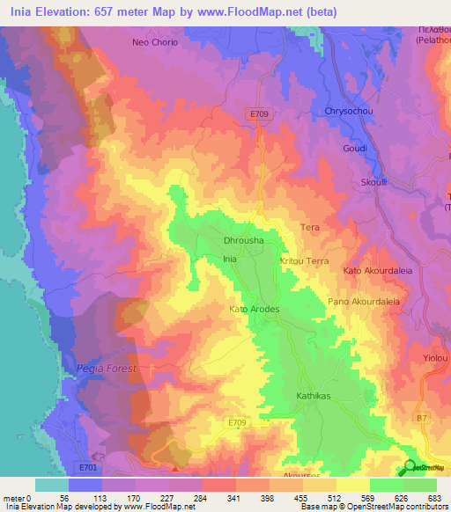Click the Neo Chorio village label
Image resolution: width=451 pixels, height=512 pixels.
click(x=155, y=42)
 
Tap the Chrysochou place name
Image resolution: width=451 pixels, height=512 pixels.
click(x=350, y=113)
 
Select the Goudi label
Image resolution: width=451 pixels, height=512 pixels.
click(x=355, y=149)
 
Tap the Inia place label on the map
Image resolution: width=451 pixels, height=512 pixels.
click(x=230, y=260)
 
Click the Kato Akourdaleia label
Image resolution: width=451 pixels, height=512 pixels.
click(x=377, y=271)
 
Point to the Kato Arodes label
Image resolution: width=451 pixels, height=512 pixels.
click(x=254, y=310)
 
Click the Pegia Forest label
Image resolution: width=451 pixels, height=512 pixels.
click(x=107, y=369)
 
